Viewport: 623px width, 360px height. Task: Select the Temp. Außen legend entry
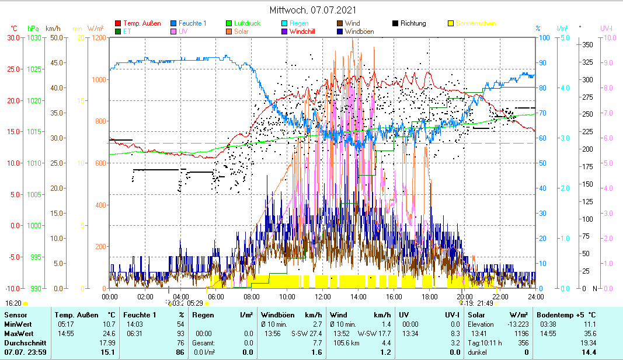coord(142,23)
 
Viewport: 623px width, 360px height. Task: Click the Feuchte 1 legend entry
coord(192,23)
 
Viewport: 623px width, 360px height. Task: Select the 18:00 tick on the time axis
coord(429,296)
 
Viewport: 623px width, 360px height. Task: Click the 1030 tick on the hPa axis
coord(34,37)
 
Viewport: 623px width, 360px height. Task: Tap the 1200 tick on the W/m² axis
coord(98,37)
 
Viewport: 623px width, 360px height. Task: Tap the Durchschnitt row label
coord(23,342)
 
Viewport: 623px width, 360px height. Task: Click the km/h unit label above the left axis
coord(53,28)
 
